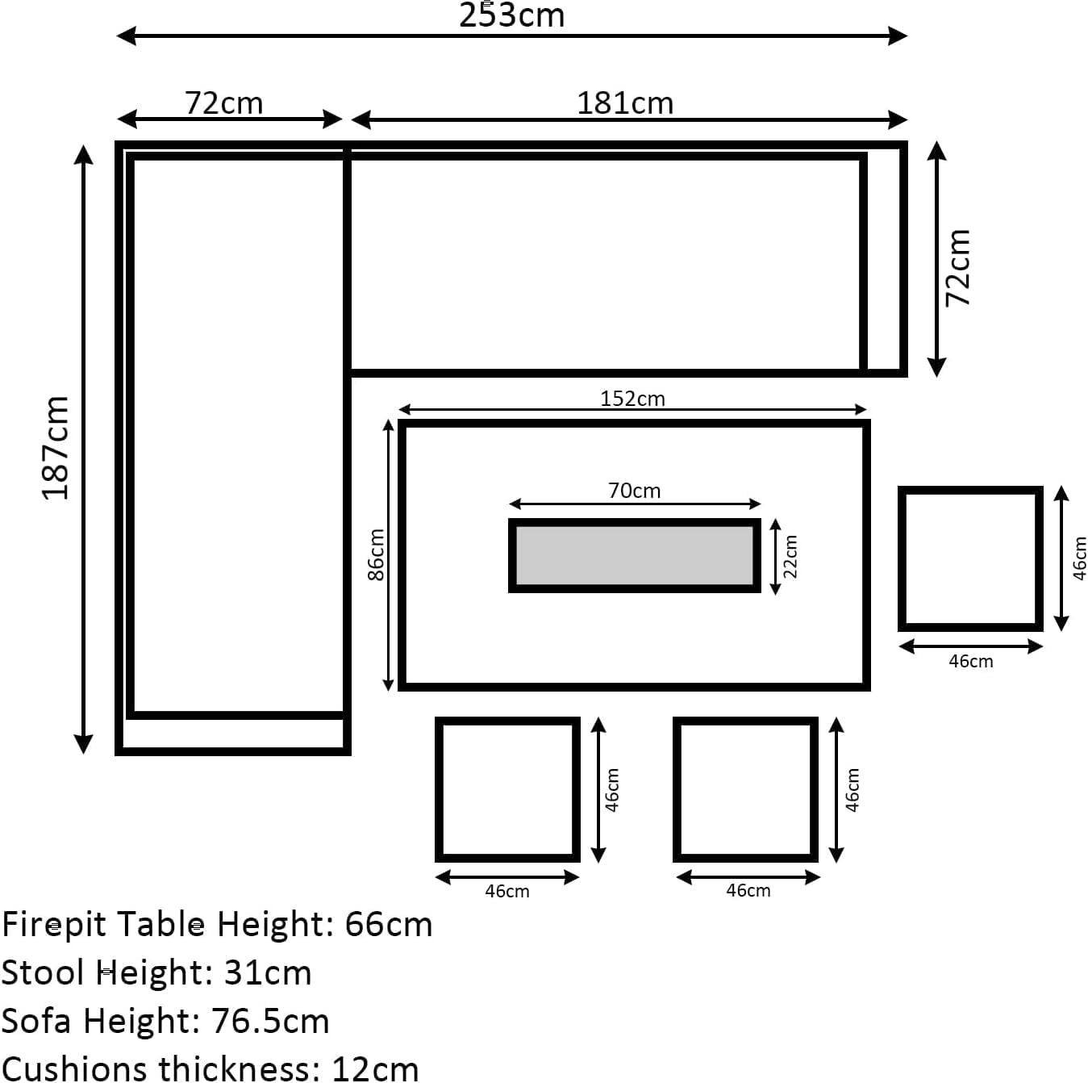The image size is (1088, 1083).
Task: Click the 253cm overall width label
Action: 511,15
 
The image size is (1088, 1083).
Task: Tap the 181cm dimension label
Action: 625,103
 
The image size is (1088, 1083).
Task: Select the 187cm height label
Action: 56,448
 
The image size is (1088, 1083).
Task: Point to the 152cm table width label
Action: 632,399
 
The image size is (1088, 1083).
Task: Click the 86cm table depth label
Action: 376,554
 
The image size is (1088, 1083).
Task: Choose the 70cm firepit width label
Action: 634,491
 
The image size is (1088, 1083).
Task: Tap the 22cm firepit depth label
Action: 790,557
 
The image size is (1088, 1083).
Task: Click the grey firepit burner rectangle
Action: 634,556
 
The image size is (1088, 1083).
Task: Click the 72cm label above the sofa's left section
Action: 224,103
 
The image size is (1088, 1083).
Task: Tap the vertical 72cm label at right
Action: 958,269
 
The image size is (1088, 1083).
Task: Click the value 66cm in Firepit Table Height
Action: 389,925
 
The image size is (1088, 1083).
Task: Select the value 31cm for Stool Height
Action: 268,972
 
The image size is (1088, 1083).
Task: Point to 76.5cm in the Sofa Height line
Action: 270,1021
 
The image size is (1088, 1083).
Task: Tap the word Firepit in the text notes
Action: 54,926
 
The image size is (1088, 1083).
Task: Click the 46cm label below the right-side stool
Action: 970,661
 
